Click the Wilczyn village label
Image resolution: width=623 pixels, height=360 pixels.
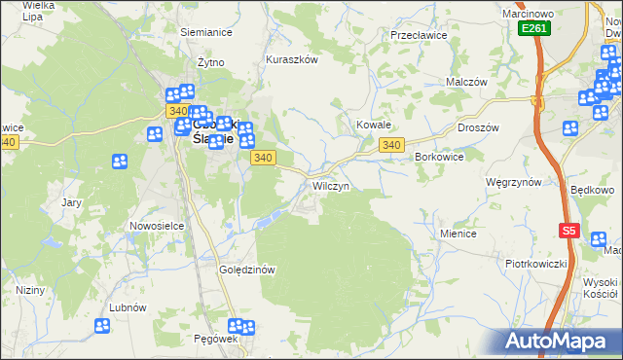pyautogui.click(x=331, y=185)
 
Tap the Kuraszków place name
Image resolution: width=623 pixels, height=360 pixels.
pyautogui.click(x=292, y=59)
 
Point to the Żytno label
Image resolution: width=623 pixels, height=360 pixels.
pyautogui.click(x=211, y=62)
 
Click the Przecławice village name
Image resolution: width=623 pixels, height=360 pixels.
pyautogui.click(x=418, y=34)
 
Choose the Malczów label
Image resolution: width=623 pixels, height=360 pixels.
pyautogui.click(x=466, y=83)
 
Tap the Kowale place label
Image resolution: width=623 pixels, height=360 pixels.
pyautogui.click(x=373, y=126)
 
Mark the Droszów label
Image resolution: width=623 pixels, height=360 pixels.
pyautogui.click(x=478, y=127)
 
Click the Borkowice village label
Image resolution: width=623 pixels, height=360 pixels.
pyautogui.click(x=438, y=157)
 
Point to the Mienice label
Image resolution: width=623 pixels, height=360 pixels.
pyautogui.click(x=458, y=234)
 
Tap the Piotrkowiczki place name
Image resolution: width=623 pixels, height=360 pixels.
pyautogui.click(x=535, y=264)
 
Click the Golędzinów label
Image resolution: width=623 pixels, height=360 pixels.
pyautogui.click(x=250, y=270)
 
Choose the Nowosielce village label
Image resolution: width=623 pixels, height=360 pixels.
pyautogui.click(x=157, y=226)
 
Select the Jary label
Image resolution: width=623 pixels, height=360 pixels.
pyautogui.click(x=71, y=202)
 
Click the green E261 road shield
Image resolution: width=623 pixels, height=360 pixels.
pyautogui.click(x=533, y=28)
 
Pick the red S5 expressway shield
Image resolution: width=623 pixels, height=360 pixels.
pyautogui.click(x=569, y=231)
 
